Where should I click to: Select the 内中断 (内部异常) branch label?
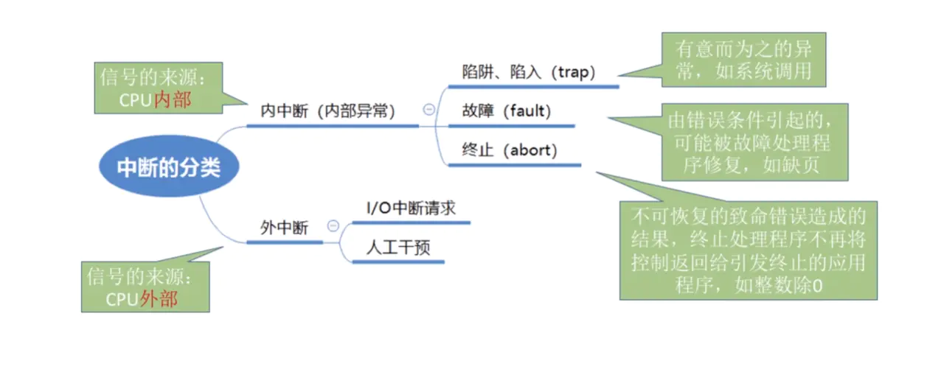[x=328, y=111]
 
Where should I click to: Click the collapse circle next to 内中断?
[x=428, y=109]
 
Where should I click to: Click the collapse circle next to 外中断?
[x=333, y=226]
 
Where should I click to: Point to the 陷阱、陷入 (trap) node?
[x=528, y=71]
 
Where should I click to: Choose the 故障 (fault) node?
[x=507, y=111]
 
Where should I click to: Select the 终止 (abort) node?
[x=510, y=150]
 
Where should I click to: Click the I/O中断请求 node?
[x=411, y=208]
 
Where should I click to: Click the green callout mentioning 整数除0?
[x=748, y=250]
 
